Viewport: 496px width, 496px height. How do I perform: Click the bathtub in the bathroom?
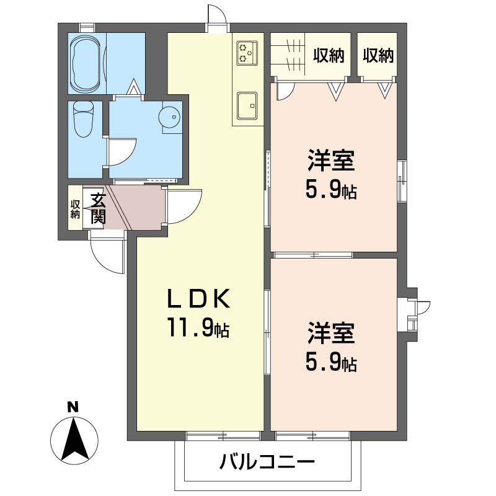(86, 64)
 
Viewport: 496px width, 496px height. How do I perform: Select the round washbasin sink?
(170, 116)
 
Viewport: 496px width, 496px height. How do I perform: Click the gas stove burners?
(246, 52)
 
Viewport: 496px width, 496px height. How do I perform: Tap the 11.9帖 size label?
(197, 327)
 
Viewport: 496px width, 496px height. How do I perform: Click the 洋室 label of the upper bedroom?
(331, 161)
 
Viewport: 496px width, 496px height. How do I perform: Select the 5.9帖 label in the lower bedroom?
(331, 361)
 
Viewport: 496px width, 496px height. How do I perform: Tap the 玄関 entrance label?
(97, 208)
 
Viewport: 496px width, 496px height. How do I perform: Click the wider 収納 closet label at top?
(327, 56)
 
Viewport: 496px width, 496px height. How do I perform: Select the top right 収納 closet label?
(378, 56)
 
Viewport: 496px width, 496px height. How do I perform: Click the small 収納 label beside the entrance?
(75, 209)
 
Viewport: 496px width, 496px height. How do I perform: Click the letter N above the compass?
(73, 407)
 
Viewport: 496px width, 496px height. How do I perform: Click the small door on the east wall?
(422, 307)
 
